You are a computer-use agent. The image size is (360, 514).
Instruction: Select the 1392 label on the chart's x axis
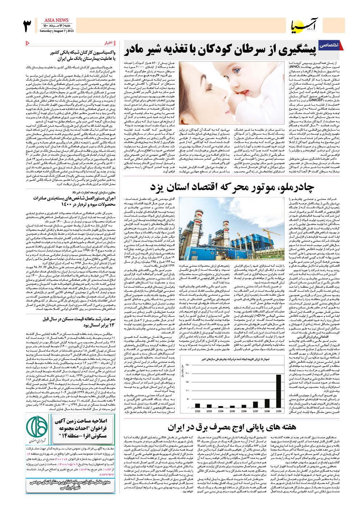[198, 411]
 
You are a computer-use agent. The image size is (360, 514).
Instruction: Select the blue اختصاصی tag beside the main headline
[329, 45]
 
